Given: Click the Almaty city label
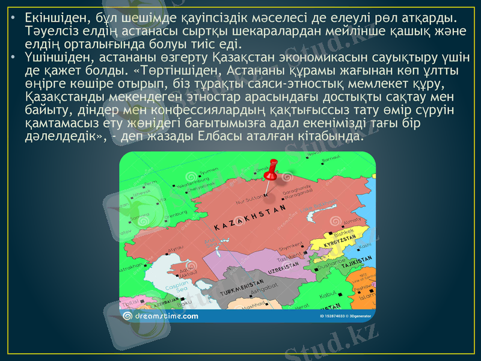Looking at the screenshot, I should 352,221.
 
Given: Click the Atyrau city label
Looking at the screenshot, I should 176,247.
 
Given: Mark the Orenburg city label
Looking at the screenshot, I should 176,214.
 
